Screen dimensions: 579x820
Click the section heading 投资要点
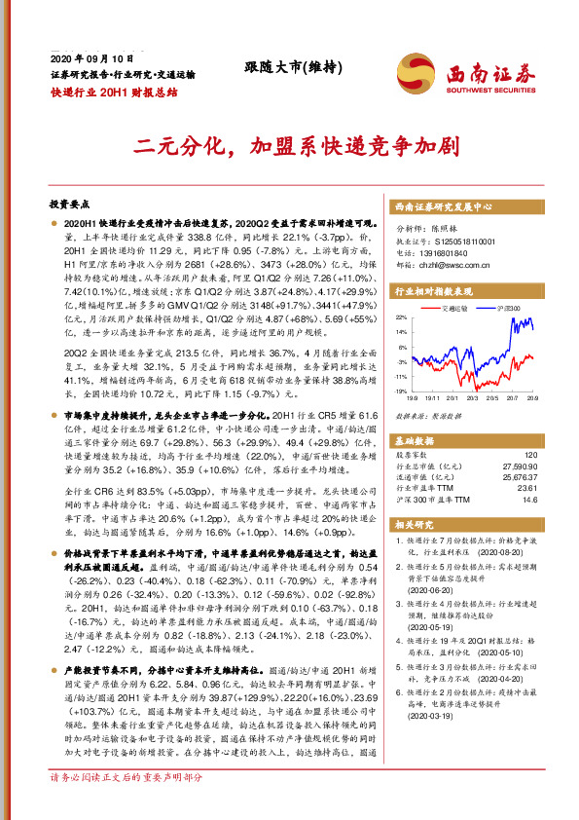pyautogui.click(x=69, y=206)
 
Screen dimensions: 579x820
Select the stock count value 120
pyautogui.click(x=530, y=454)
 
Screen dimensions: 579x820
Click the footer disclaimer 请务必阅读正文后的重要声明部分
pyautogui.click(x=127, y=805)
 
